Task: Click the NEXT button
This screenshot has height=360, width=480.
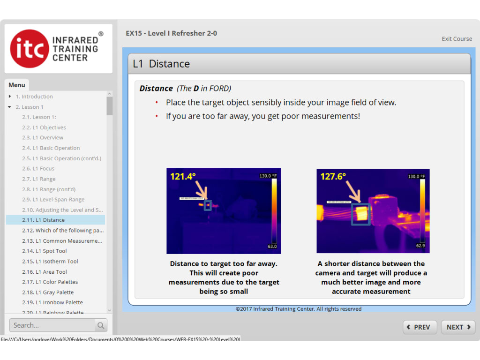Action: (x=458, y=327)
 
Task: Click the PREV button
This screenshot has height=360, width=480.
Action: (x=420, y=327)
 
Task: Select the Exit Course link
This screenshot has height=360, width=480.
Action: (x=457, y=39)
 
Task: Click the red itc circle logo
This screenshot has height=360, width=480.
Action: (x=30, y=49)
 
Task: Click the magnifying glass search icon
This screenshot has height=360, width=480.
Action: (x=101, y=325)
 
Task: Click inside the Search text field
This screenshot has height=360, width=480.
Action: (x=52, y=325)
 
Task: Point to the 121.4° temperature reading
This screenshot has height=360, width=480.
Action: (x=183, y=177)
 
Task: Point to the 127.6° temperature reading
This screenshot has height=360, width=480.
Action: (x=333, y=177)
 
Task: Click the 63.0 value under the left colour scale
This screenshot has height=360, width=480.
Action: (x=272, y=247)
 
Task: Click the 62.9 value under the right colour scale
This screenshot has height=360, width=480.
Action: (x=420, y=246)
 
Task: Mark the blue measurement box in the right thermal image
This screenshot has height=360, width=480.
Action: (x=360, y=214)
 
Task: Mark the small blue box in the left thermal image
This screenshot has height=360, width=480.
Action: (x=208, y=205)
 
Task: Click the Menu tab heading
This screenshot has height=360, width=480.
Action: (x=17, y=85)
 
